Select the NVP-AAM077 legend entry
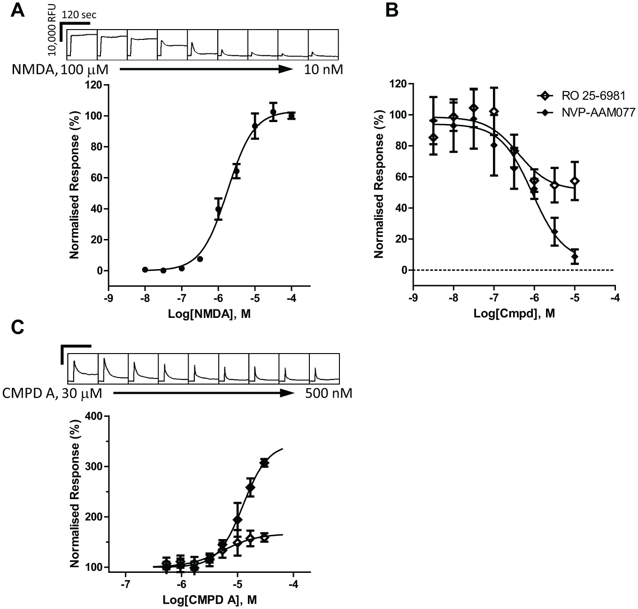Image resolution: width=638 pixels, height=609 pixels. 586,113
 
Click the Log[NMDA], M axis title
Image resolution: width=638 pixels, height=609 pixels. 209,314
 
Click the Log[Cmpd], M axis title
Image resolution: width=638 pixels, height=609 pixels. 514,313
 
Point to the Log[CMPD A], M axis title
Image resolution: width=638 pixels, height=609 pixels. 209,600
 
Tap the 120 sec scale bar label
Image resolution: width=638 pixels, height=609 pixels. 79,15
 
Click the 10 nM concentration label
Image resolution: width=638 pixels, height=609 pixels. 323,69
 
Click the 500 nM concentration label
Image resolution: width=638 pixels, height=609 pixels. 329,393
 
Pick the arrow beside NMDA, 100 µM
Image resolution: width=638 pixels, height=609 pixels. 206,69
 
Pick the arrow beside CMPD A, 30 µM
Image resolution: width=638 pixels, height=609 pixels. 203,393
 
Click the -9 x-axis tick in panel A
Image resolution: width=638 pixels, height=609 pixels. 108,298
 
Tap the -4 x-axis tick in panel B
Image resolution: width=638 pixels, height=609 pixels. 615,297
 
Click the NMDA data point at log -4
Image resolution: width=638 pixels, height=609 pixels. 292,116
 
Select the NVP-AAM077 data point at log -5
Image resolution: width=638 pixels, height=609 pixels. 575,256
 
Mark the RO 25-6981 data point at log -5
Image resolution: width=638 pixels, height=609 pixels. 575,181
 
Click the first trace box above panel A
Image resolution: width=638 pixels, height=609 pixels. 82,45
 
